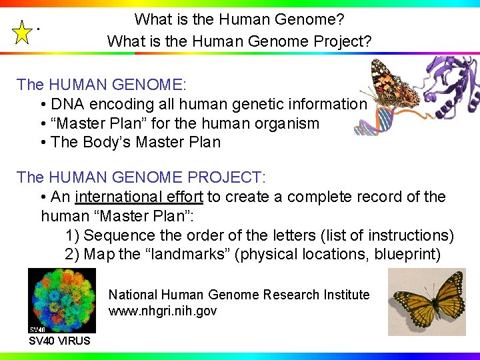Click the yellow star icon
click(x=23, y=32)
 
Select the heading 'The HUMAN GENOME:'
click(x=102, y=85)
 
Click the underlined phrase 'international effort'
click(x=139, y=197)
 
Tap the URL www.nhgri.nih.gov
click(x=163, y=311)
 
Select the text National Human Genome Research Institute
click(x=239, y=295)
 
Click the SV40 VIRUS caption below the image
click(x=59, y=341)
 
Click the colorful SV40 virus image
click(x=62, y=300)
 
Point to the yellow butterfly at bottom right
click(x=427, y=301)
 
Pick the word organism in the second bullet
click(x=288, y=123)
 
